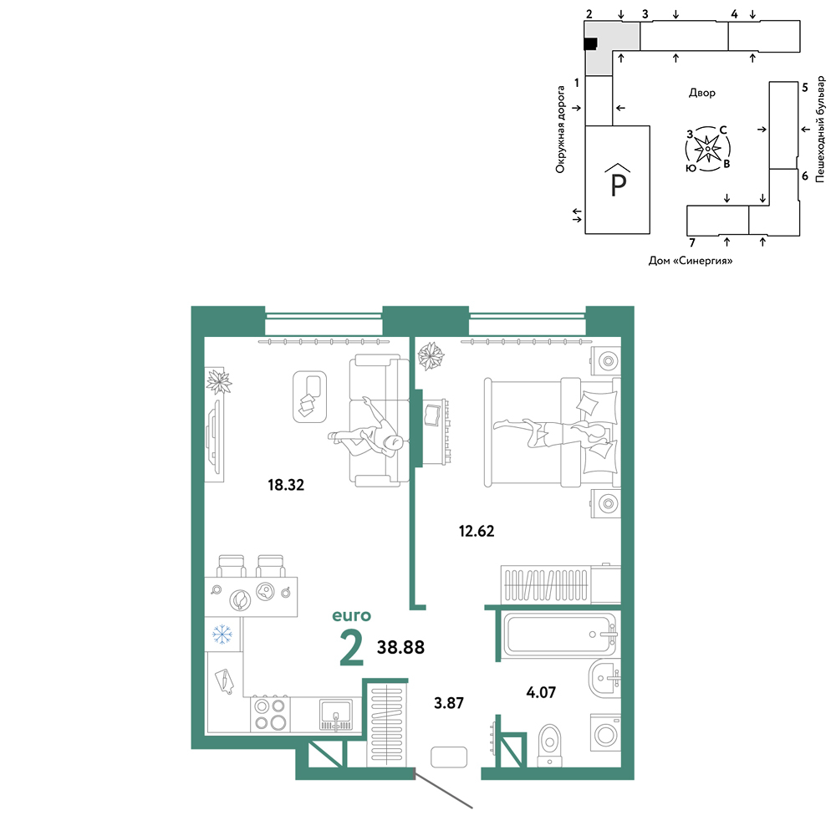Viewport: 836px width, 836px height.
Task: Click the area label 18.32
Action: click(286, 485)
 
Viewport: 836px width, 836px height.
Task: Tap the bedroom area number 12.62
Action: click(477, 531)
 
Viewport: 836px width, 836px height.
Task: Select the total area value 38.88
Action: click(401, 647)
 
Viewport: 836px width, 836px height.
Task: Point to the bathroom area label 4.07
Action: click(541, 692)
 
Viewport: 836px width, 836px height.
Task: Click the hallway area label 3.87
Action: click(449, 703)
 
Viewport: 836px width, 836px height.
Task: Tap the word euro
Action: click(351, 616)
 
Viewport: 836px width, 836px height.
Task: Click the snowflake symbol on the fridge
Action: click(222, 634)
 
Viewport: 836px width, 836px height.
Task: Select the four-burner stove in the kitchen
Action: click(270, 715)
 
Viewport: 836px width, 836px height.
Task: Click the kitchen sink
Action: click(335, 715)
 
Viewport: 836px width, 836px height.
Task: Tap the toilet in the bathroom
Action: click(550, 744)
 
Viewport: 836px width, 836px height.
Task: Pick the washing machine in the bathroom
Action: click(605, 734)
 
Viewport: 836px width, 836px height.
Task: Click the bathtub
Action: click(560, 635)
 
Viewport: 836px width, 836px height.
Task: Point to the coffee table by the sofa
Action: click(310, 396)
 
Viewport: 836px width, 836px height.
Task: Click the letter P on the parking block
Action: click(618, 185)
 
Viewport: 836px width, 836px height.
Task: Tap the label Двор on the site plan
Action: click(702, 93)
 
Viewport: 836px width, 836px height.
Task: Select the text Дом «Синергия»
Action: click(691, 261)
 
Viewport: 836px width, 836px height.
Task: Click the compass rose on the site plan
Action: click(707, 149)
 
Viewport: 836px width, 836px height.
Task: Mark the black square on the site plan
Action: click(590, 43)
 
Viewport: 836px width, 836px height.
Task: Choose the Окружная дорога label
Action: click(560, 130)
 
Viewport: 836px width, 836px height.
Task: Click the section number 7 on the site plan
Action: click(692, 243)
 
